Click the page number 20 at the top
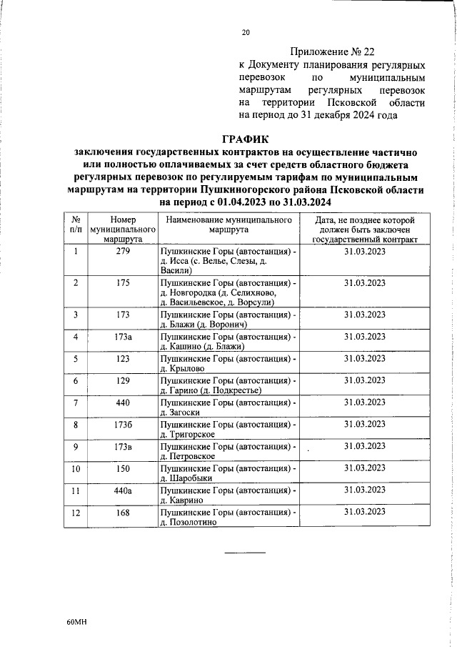[x=246, y=32]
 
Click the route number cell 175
[x=122, y=283]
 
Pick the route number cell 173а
[x=122, y=337]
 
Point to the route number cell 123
[x=122, y=358]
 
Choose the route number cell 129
[x=122, y=380]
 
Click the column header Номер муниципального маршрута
[x=122, y=230]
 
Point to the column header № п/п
[x=76, y=225]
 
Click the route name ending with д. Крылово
[x=228, y=363]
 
